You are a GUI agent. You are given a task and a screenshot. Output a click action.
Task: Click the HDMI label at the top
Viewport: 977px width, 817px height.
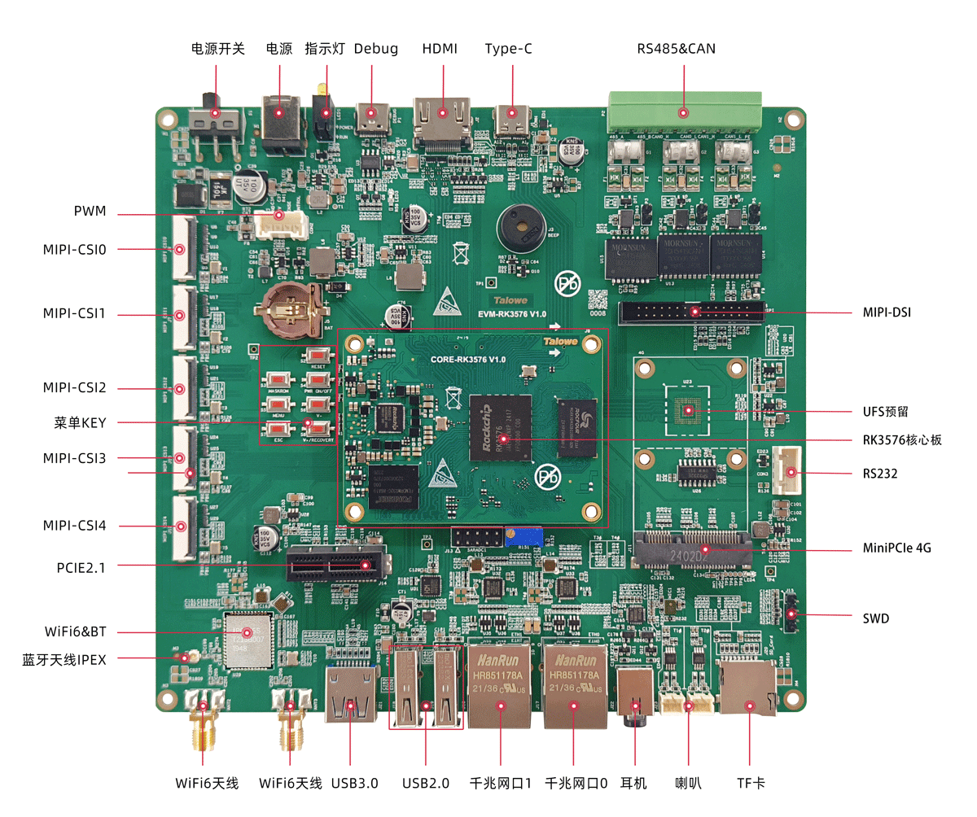tap(440, 49)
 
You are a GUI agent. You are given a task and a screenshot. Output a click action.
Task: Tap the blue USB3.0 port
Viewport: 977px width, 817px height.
tap(351, 696)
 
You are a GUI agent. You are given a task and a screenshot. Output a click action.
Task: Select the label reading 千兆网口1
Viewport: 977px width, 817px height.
tap(501, 784)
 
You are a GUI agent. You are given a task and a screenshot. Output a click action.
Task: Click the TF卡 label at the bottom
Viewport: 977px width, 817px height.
tap(751, 784)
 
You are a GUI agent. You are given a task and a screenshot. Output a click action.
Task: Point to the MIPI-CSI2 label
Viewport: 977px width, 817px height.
tap(75, 387)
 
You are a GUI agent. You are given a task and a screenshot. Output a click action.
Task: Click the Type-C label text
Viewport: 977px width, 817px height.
tap(508, 49)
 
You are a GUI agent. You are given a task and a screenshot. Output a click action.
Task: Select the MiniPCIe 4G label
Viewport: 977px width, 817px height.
tap(896, 548)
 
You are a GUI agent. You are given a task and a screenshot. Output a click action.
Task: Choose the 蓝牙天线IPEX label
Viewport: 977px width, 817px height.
tap(64, 659)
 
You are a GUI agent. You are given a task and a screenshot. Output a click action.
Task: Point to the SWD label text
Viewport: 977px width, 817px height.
tap(876, 619)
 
